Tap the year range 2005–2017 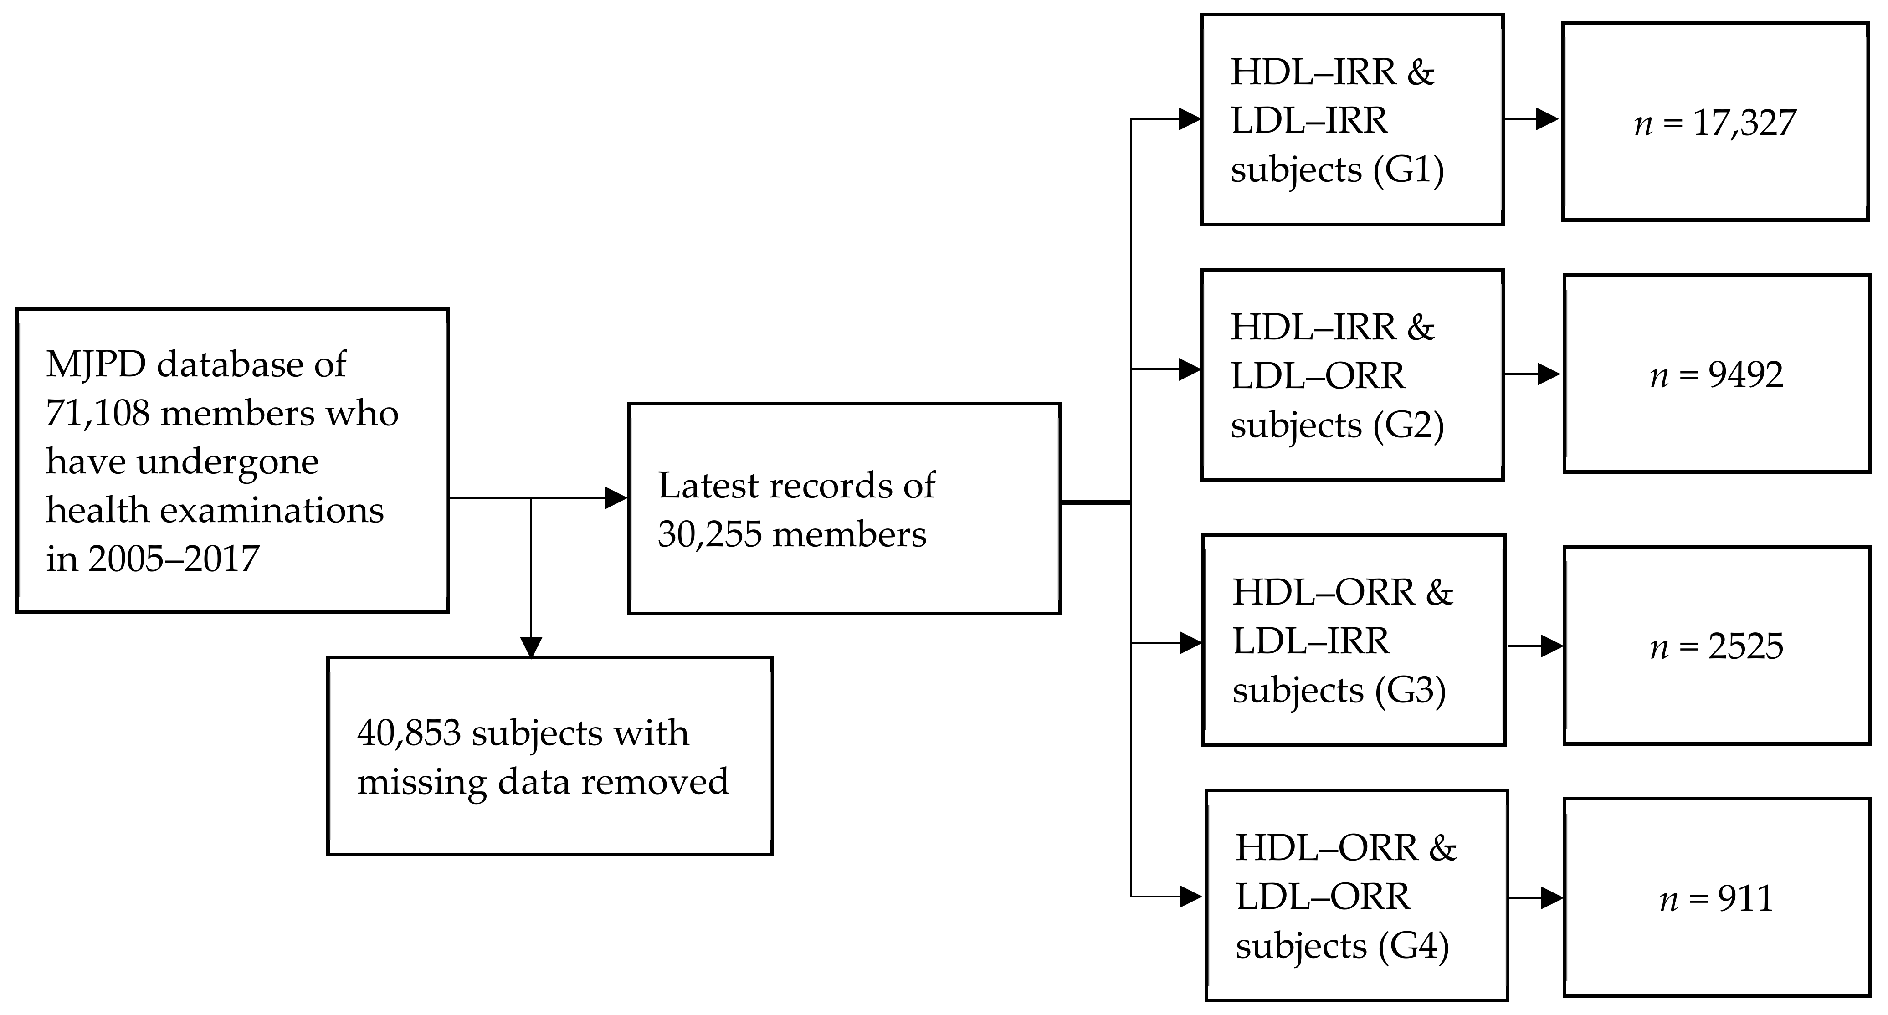tap(174, 559)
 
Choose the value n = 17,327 tap(1715, 123)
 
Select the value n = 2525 tap(1717, 646)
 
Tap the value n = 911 tap(1717, 898)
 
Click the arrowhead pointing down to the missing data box tap(531, 646)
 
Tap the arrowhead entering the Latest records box tap(616, 498)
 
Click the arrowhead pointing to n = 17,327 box tap(1546, 119)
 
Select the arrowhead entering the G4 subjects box tap(1190, 896)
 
